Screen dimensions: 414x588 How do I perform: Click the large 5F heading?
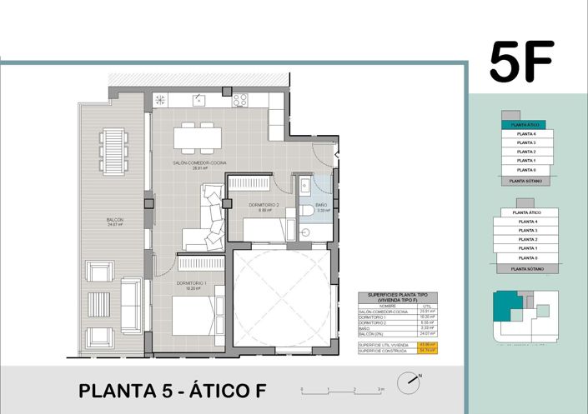[x=521, y=62]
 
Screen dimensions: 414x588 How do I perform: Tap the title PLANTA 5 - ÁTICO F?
[x=172, y=390]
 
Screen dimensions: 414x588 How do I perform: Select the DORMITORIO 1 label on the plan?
[x=193, y=285]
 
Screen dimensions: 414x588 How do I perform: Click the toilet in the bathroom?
[x=306, y=211]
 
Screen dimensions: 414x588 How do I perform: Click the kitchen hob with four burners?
[x=240, y=101]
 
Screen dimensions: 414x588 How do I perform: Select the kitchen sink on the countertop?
[x=199, y=100]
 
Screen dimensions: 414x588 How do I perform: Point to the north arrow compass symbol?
[x=407, y=384]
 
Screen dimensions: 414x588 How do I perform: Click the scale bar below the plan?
[x=342, y=388]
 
